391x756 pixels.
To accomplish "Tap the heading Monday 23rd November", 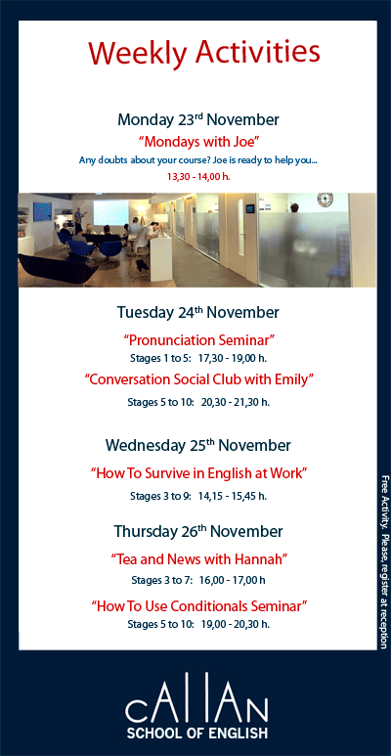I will click(x=198, y=119).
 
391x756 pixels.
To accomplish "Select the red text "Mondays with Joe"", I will click(x=198, y=141).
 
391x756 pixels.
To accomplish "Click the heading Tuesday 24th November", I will click(x=198, y=313).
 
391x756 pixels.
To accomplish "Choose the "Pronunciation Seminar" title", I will click(x=198, y=340).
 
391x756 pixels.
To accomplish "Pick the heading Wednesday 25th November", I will click(x=198, y=446).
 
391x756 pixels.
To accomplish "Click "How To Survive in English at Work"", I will click(x=198, y=473).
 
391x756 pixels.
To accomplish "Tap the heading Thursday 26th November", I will click(x=198, y=532).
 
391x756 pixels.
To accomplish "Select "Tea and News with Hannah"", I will click(x=198, y=559).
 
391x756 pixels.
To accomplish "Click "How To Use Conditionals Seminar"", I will click(x=198, y=606).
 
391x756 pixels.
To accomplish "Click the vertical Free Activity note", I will click(x=383, y=559).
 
